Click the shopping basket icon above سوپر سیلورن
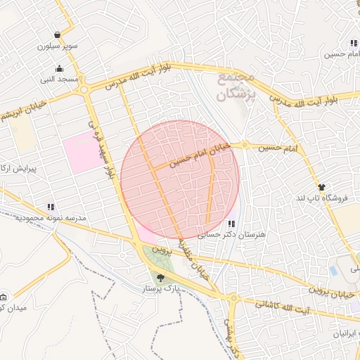(x=56, y=35)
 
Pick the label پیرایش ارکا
(x=20, y=169)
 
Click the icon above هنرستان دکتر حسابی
(x=232, y=224)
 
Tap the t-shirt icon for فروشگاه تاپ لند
(x=322, y=187)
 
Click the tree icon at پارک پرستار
(x=161, y=278)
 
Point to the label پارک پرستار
(x=161, y=288)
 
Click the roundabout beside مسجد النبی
(x=84, y=89)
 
